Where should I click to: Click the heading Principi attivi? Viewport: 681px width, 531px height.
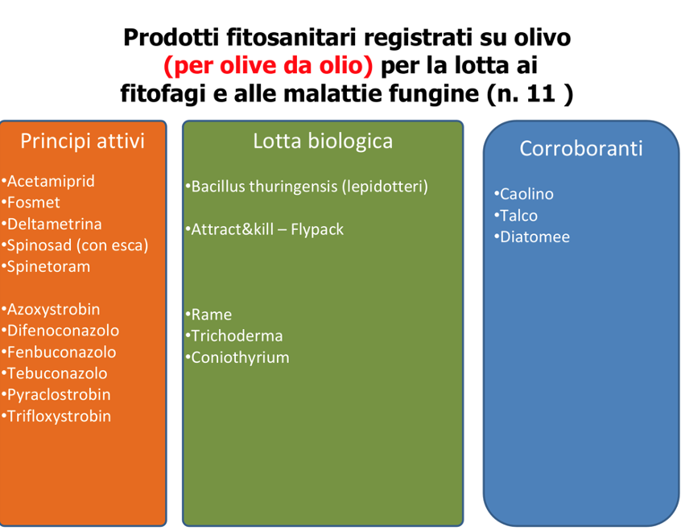(x=83, y=142)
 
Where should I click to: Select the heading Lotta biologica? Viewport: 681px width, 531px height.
(x=323, y=142)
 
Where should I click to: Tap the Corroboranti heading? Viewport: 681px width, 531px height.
(x=581, y=149)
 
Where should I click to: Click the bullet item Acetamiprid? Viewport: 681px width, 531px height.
(x=51, y=181)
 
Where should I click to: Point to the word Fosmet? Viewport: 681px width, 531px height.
(x=34, y=202)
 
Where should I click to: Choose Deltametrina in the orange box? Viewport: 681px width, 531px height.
(x=54, y=224)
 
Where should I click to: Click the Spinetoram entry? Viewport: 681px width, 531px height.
(x=48, y=266)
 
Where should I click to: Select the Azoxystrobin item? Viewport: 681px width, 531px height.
(x=53, y=310)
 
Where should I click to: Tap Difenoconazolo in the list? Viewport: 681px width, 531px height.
(x=63, y=331)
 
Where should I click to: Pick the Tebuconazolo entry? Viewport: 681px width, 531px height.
(x=57, y=373)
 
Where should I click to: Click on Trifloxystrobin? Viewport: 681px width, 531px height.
(x=59, y=417)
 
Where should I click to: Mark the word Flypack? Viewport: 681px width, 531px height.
(x=317, y=229)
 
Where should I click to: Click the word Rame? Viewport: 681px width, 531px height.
(x=212, y=315)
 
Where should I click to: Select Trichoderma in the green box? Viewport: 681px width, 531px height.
(x=237, y=336)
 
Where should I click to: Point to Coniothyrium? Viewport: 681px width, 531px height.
(x=240, y=358)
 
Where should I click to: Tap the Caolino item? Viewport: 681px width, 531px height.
(x=526, y=194)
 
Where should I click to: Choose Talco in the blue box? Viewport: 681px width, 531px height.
(x=518, y=216)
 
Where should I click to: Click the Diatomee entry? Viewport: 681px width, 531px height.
(x=534, y=237)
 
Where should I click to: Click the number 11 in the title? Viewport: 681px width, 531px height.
(x=541, y=94)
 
